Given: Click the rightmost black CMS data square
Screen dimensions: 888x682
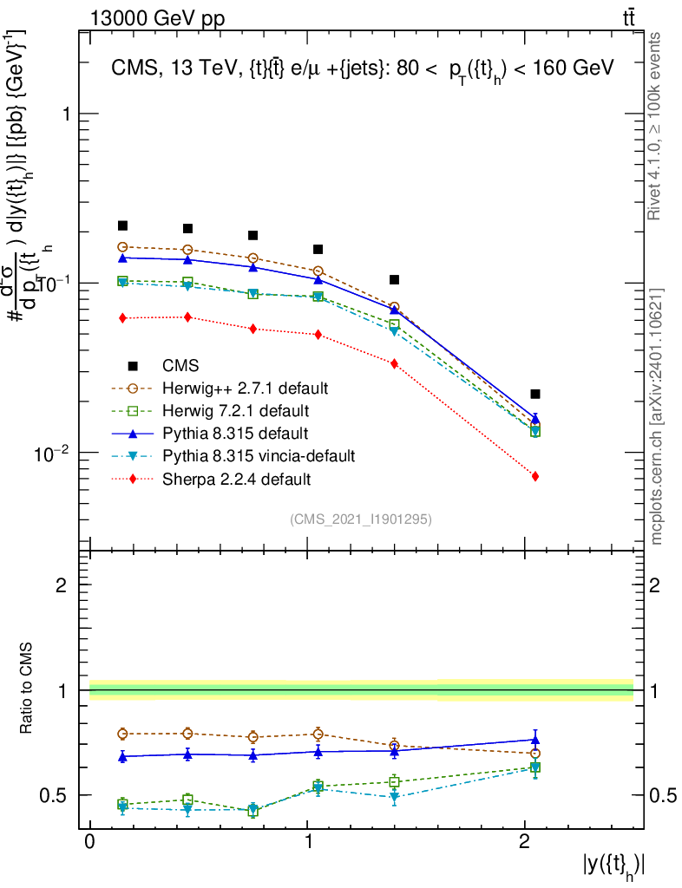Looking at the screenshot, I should (x=535, y=394).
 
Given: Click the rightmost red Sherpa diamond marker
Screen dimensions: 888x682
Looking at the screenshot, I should (x=535, y=476).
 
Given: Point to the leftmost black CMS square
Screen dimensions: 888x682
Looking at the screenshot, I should (x=122, y=225).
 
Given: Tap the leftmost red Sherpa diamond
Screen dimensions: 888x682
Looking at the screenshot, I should (x=122, y=318).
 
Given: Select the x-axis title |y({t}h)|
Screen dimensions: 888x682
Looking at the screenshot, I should (x=614, y=865).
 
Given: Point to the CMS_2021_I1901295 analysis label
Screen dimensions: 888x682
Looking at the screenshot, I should (x=361, y=519).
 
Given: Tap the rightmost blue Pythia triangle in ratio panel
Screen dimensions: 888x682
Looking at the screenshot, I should (x=535, y=740).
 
